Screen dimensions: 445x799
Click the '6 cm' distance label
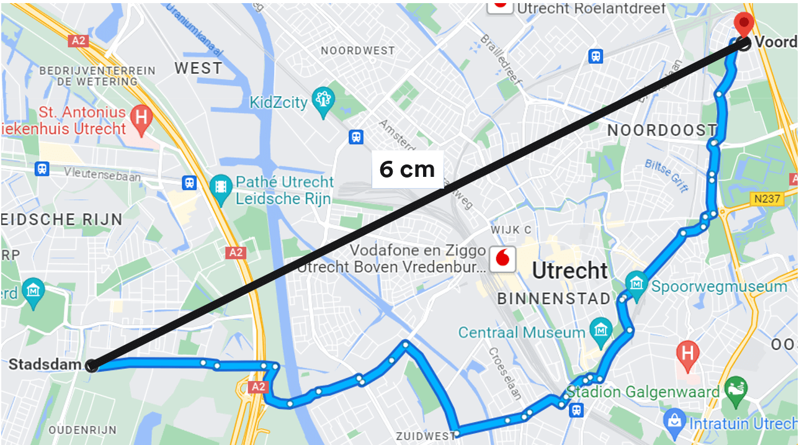point(407,169)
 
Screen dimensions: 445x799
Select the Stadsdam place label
point(45,364)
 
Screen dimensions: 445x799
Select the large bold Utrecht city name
point(569,271)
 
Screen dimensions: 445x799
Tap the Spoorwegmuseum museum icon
point(636,284)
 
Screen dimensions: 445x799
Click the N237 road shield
point(769,199)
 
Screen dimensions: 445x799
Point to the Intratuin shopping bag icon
point(672,421)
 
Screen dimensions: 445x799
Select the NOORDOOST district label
point(661,130)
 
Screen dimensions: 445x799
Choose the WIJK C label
point(511,230)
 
